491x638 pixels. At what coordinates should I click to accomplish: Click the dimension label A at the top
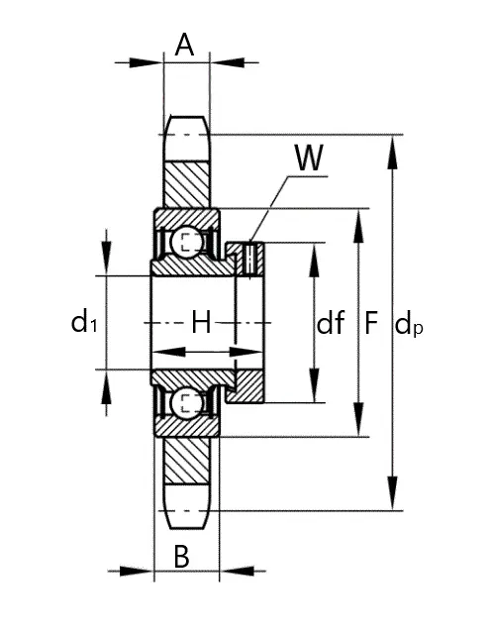[184, 45]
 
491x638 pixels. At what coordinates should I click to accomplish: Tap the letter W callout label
[309, 158]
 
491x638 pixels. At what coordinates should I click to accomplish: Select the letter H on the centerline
[201, 322]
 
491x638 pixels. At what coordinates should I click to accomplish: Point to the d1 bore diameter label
[84, 321]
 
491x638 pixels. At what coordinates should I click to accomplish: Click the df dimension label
[330, 322]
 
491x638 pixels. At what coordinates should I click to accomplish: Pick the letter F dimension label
[371, 322]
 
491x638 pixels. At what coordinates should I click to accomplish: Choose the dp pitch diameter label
[409, 324]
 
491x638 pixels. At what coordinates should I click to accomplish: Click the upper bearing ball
[186, 243]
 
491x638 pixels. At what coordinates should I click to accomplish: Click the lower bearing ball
[186, 402]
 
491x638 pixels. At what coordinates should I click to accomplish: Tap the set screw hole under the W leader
[250, 260]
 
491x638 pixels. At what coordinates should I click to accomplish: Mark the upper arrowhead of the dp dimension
[392, 153]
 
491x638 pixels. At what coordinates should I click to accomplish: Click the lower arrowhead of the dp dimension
[392, 492]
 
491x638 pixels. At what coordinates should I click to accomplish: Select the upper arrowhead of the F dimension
[358, 226]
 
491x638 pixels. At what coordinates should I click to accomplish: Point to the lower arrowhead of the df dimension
[314, 385]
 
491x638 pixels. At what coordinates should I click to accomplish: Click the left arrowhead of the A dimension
[146, 62]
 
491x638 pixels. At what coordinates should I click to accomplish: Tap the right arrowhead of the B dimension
[237, 571]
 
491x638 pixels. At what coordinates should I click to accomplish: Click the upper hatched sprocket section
[187, 184]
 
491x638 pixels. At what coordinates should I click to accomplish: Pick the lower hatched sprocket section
[187, 461]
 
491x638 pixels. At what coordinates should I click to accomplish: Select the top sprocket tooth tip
[187, 117]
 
